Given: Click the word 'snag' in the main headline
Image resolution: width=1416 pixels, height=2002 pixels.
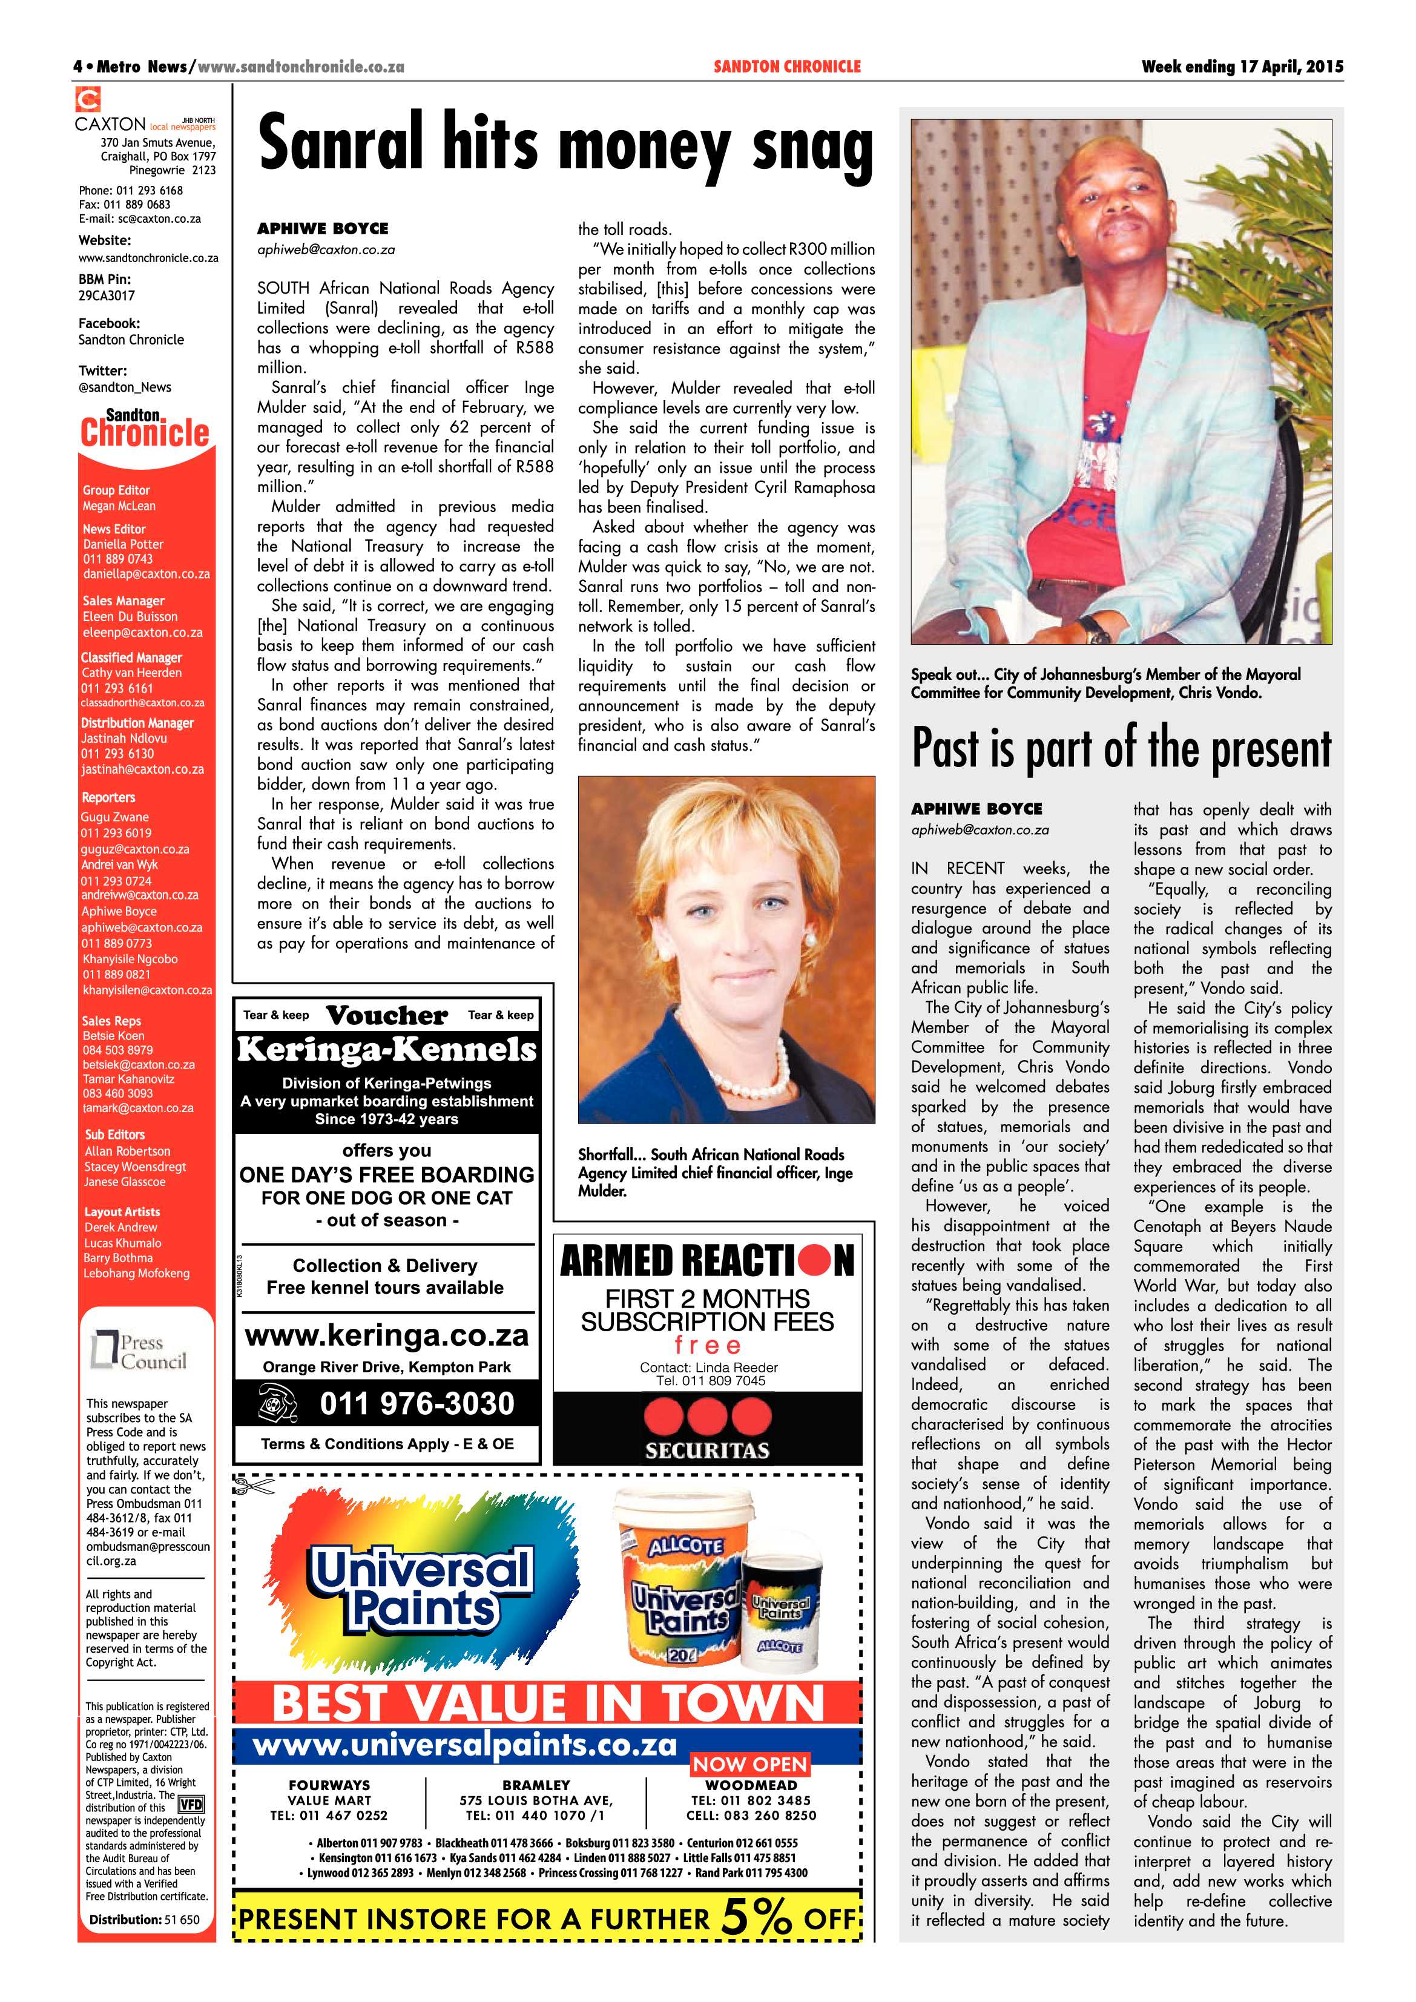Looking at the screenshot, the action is click(812, 148).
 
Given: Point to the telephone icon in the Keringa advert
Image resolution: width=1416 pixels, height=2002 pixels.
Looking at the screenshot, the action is click(278, 1403).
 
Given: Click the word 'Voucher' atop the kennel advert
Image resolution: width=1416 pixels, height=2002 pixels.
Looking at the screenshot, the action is click(386, 1016).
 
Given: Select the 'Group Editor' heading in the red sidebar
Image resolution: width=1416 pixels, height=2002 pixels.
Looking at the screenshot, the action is click(116, 490).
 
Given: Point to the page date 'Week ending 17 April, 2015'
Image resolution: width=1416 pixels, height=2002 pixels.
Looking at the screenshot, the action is click(1242, 66).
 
